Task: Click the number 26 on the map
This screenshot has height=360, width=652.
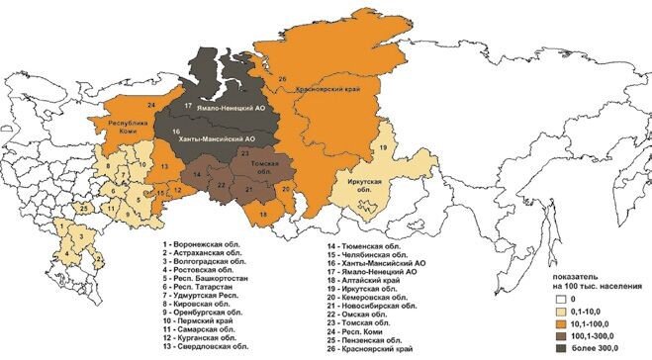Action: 282,77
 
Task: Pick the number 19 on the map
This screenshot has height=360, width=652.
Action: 381,148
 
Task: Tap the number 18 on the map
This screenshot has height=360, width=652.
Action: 263,215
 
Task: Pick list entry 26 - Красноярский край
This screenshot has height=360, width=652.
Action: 364,349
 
